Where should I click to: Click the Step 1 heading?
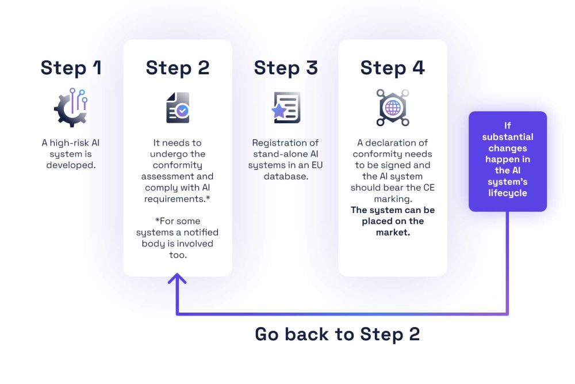[71, 68]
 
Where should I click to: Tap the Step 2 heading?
[178, 68]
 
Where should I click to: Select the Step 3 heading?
[286, 68]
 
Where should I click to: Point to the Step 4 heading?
[393, 68]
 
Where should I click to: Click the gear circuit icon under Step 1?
[71, 107]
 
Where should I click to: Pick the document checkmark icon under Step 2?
[178, 108]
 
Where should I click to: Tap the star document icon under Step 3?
[286, 108]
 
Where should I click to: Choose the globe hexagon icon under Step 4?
[393, 108]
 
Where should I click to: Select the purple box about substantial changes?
[507, 161]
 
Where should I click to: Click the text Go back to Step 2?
[337, 334]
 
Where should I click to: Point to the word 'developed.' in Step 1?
[71, 165]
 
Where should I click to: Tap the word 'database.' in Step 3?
[286, 176]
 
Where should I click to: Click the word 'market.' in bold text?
[393, 233]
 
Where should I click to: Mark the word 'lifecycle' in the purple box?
[507, 193]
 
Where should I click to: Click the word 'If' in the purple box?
[507, 126]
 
